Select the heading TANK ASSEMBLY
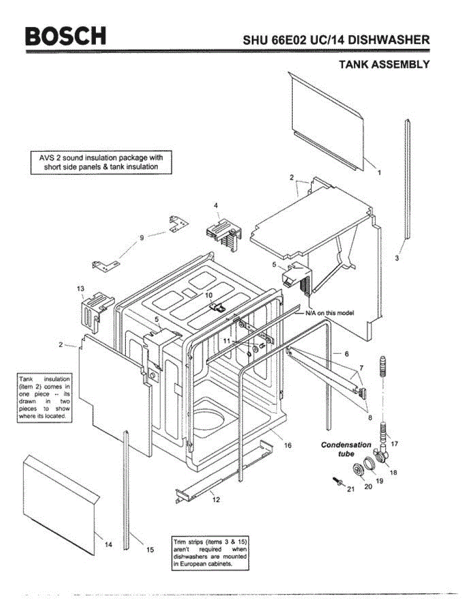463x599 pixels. coord(384,64)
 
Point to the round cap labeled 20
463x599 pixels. coord(359,470)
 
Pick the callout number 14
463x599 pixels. coord(108,545)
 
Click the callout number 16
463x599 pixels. coord(288,445)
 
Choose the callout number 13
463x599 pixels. coord(80,289)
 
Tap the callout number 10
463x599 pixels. coord(209,295)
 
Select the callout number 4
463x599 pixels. coord(216,205)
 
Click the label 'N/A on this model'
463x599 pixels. coord(330,313)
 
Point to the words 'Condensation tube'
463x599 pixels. coord(346,449)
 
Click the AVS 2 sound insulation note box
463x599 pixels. coord(101,162)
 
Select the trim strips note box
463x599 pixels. coord(210,553)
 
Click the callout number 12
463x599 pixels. coord(216,500)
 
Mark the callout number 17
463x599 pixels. coord(395,443)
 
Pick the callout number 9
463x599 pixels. coord(142,238)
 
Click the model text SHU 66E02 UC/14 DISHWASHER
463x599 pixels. coord(336,40)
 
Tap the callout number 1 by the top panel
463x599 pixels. coord(379,172)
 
